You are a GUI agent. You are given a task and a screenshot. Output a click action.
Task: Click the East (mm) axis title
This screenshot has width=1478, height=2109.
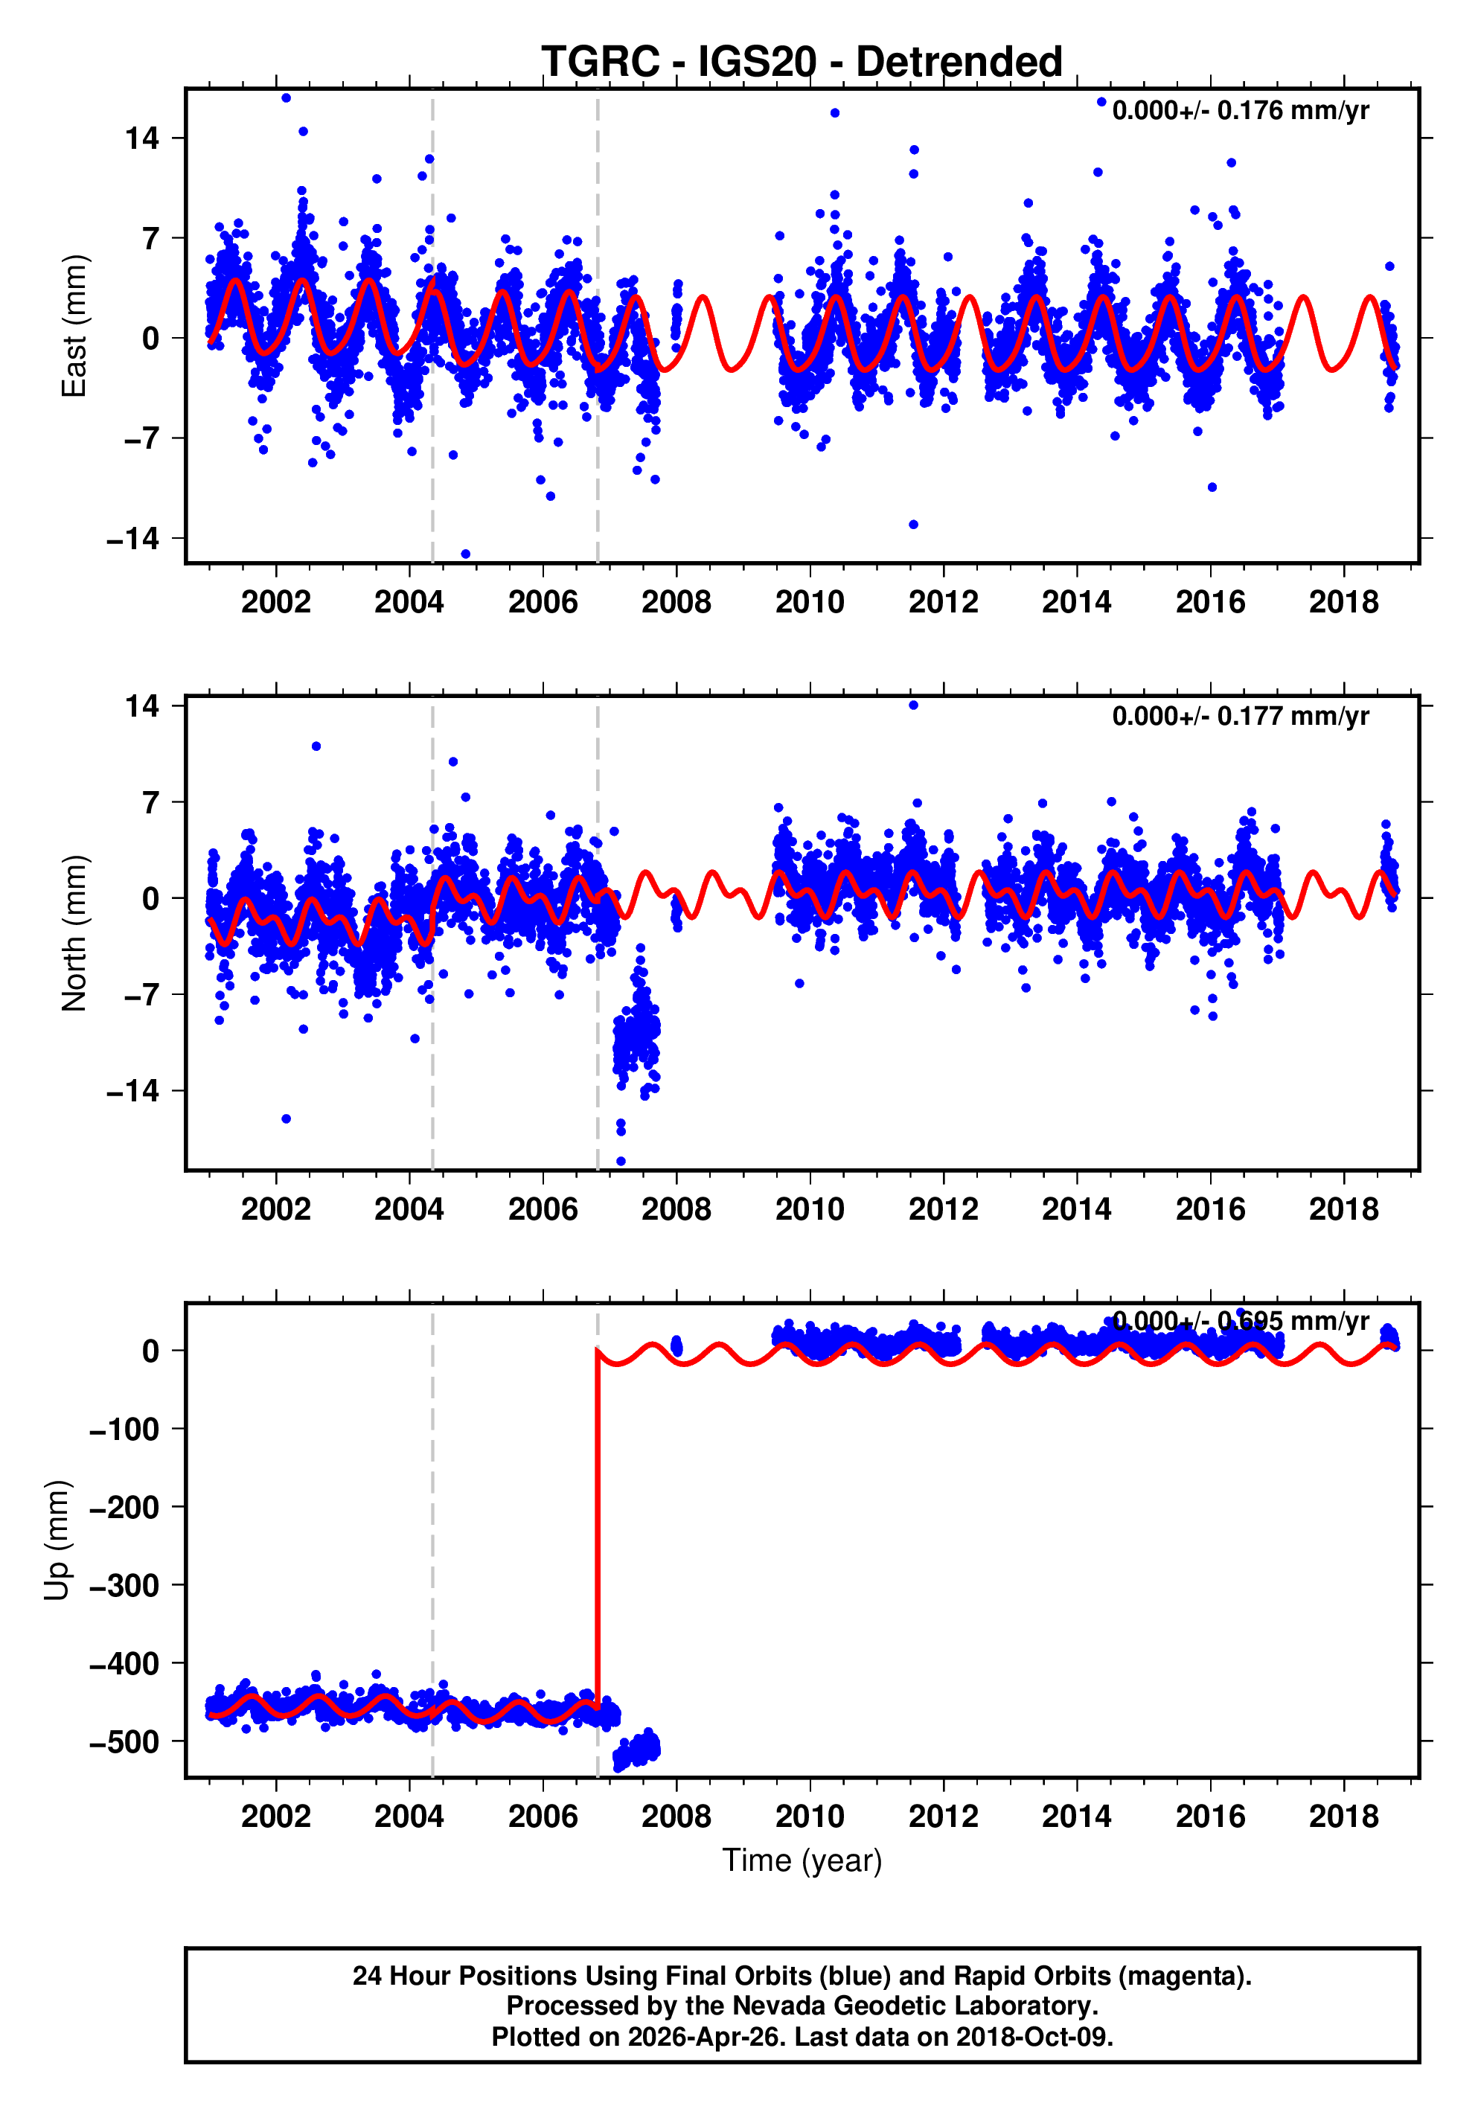pos(74,326)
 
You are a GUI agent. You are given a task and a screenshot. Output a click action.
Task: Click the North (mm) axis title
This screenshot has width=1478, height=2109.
pos(74,933)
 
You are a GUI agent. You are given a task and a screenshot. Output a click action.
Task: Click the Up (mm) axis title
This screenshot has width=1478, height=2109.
pos(57,1540)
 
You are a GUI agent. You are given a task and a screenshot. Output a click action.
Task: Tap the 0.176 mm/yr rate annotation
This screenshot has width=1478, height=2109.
pos(1240,111)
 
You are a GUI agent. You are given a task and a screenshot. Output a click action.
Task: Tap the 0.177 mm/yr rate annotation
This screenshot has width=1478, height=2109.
pos(1240,717)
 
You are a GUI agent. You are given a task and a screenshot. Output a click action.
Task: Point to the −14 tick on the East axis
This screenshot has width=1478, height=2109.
pos(133,540)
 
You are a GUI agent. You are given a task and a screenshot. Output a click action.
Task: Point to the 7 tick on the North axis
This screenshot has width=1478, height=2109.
pos(150,803)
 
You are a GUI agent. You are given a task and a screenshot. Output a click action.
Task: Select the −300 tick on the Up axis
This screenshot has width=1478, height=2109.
pos(125,1585)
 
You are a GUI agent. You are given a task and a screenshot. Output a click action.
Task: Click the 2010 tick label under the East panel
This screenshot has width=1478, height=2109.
pos(809,603)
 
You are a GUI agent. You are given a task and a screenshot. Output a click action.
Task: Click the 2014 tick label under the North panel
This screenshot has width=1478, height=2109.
pos(1077,1210)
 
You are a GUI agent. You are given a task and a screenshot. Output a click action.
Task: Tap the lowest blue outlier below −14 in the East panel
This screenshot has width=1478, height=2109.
pos(466,554)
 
